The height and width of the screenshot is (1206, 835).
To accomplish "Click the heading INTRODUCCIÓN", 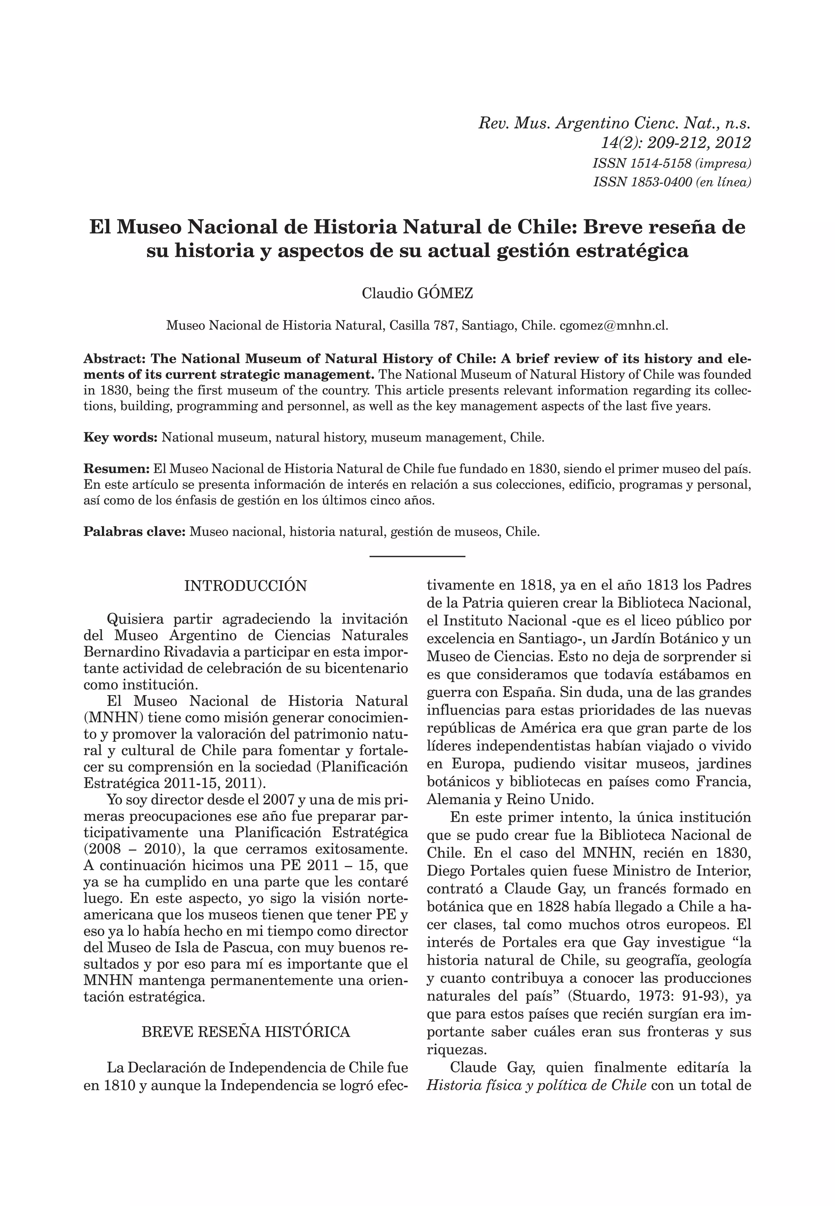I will tap(245, 586).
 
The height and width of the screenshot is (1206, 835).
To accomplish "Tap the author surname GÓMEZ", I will tap(446, 294).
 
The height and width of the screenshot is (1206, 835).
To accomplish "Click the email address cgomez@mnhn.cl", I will tap(614, 325).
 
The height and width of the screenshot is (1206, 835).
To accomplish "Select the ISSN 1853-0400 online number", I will tap(641, 182).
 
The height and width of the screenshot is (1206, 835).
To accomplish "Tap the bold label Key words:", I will tap(120, 437).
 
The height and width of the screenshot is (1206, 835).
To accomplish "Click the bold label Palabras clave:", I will tap(135, 532).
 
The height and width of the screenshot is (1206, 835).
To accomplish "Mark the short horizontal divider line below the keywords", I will tap(417, 556).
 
